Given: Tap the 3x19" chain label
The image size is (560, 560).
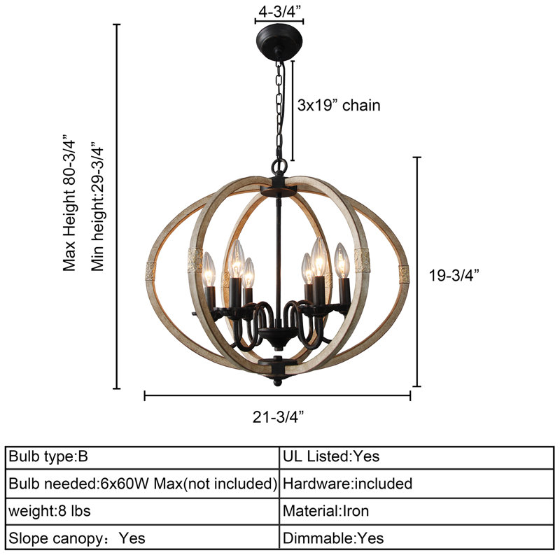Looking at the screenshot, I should pos(338,106).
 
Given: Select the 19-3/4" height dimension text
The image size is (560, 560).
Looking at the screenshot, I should pos(454,275).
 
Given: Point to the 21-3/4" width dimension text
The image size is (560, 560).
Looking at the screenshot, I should pos(277,417).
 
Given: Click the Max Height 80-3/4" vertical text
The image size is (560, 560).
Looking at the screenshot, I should pos(69,203).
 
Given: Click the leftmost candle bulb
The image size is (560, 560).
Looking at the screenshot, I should pos(208,266).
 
